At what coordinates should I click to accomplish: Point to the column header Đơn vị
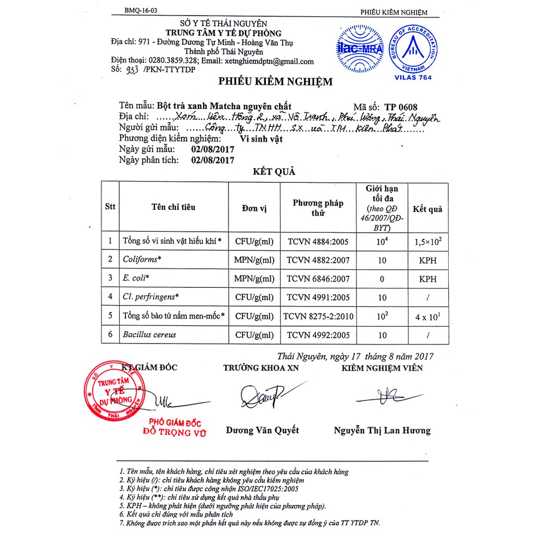(x=254, y=208)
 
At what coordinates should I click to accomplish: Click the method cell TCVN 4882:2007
(x=318, y=260)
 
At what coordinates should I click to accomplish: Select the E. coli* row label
(x=134, y=278)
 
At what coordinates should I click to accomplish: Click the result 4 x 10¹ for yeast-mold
(x=428, y=315)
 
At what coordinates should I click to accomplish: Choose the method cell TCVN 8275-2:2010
(x=318, y=316)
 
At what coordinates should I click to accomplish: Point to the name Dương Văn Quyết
(x=262, y=430)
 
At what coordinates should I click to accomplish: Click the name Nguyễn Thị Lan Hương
(x=382, y=430)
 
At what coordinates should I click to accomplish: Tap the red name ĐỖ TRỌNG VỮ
(x=175, y=433)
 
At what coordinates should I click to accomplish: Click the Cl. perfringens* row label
(x=151, y=297)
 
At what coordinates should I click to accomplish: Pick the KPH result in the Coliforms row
(x=427, y=260)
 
